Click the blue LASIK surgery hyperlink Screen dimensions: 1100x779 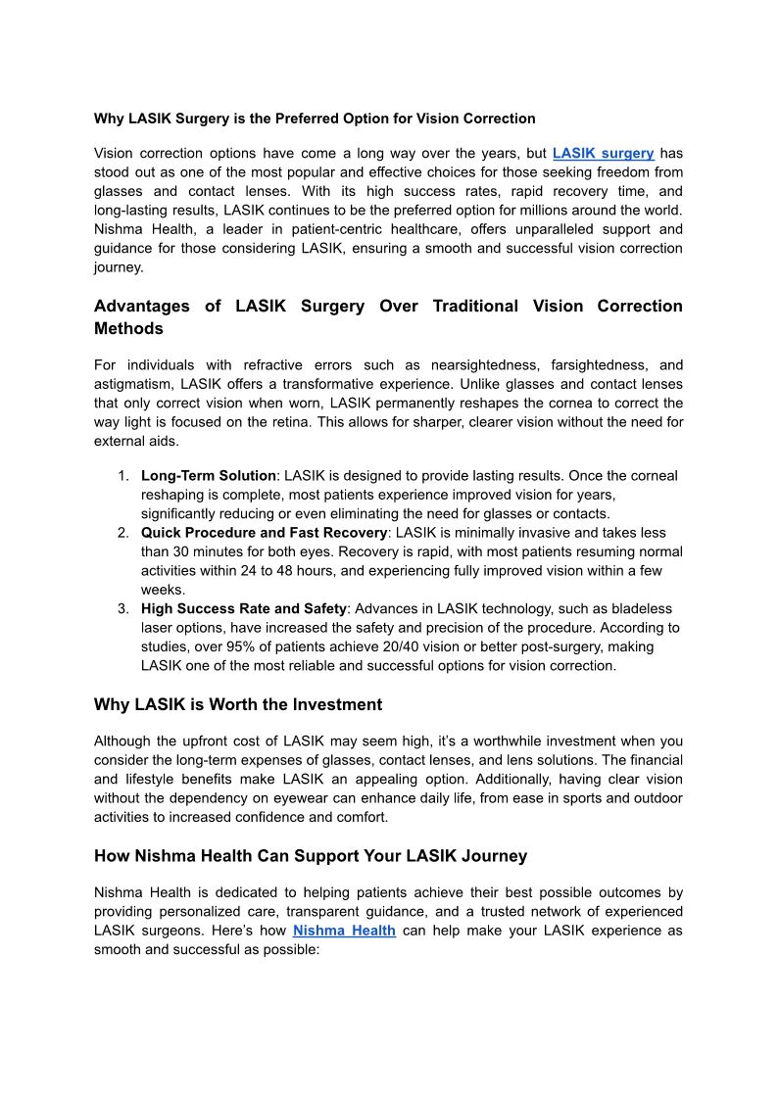coord(603,154)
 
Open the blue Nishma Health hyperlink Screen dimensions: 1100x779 coord(344,931)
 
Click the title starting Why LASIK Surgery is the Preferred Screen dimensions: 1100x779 coord(315,119)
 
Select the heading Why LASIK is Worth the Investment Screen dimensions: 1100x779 coord(238,705)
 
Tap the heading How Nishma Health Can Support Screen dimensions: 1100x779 coord(311,856)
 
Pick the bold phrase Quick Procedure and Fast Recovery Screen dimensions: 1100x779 coord(264,533)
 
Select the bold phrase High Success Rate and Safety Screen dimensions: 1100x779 coord(244,608)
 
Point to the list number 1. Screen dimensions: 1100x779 coord(123,476)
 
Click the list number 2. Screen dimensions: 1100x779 coord(123,533)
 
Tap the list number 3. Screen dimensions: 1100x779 coord(123,608)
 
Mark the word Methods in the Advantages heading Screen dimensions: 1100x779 coord(128,328)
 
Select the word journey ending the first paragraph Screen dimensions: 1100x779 coord(118,266)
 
